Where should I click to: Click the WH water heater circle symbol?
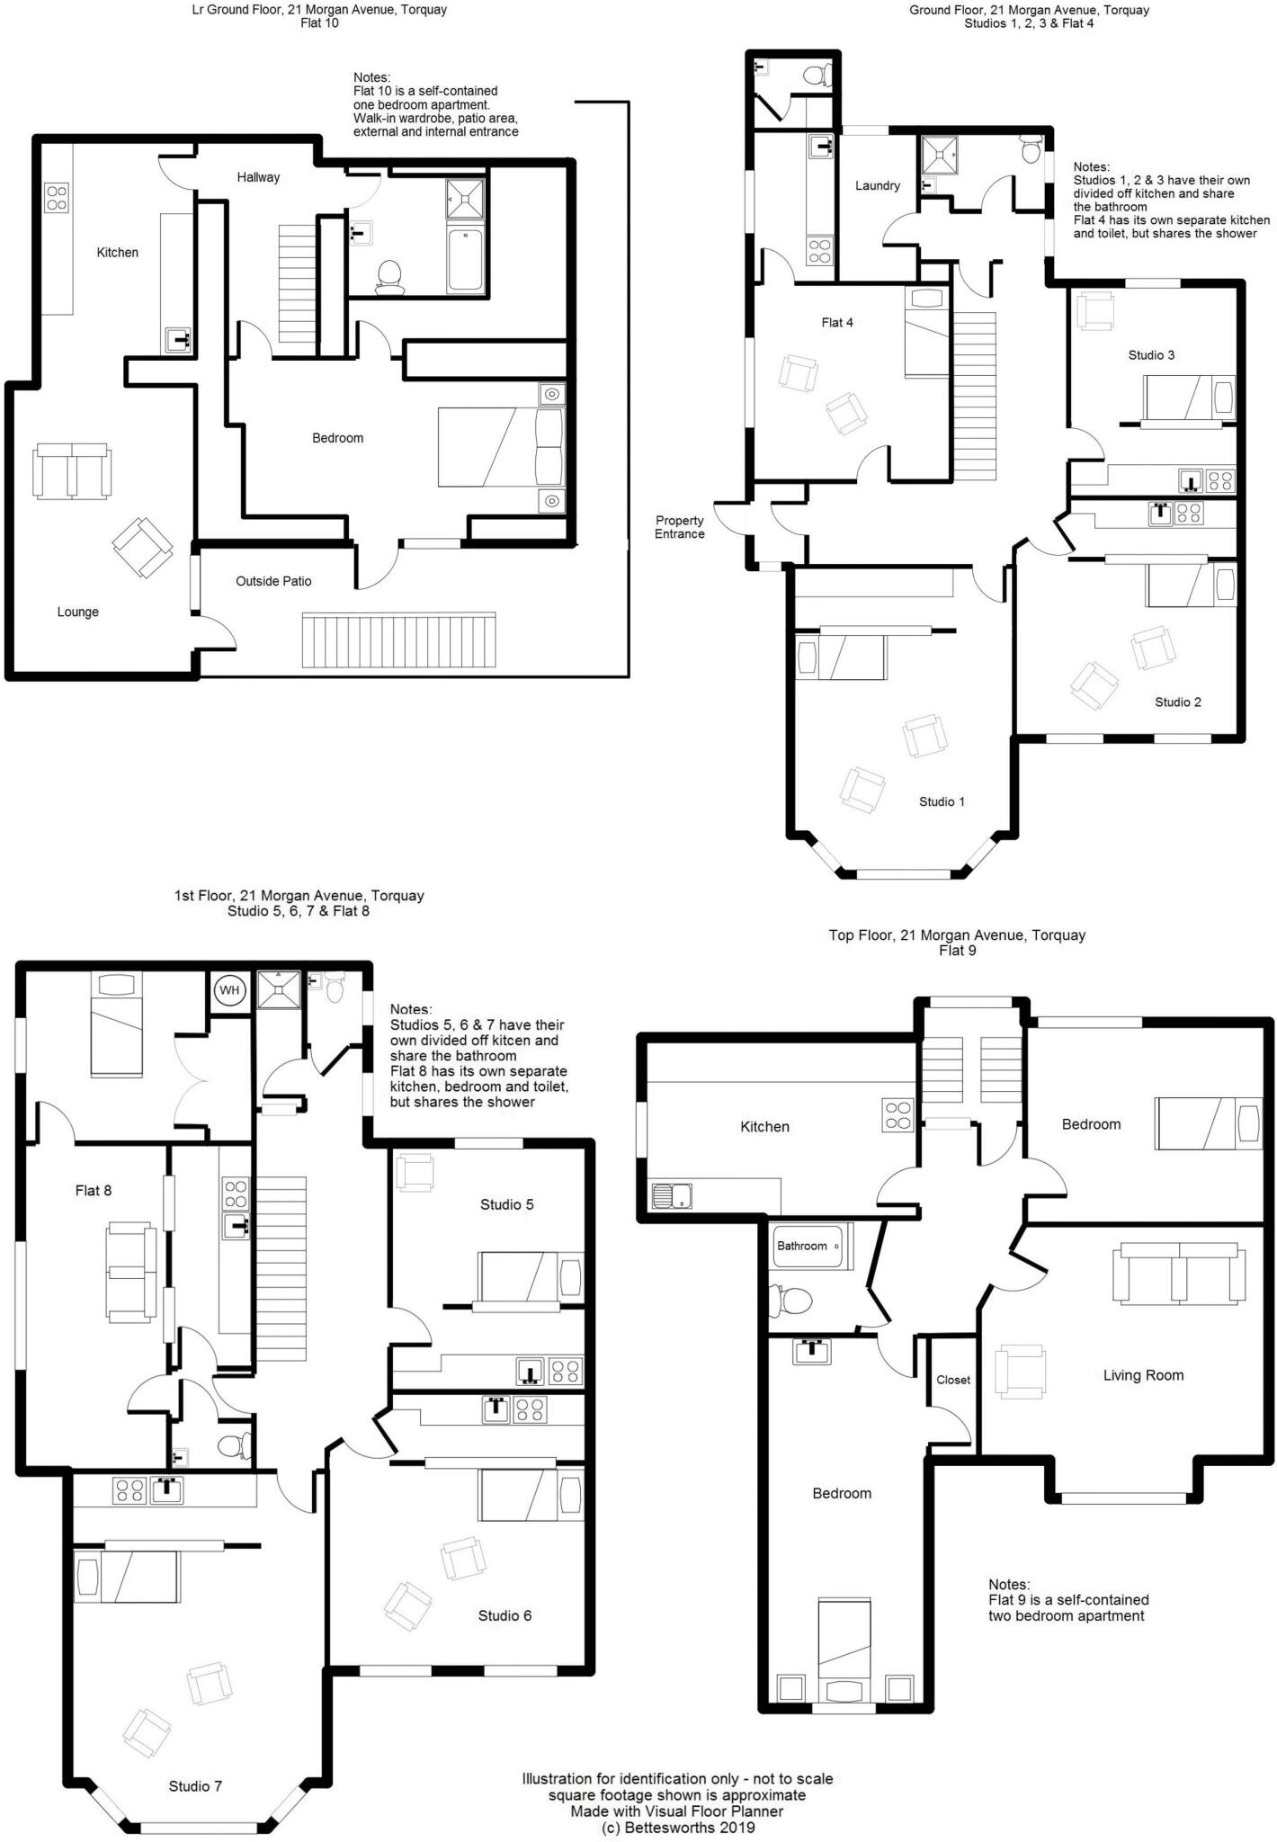(x=229, y=990)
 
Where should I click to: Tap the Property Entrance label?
(x=679, y=527)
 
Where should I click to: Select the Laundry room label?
(x=877, y=185)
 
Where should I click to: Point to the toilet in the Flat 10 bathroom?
(x=390, y=276)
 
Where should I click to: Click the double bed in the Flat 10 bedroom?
(x=500, y=447)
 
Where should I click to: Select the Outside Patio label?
(x=273, y=581)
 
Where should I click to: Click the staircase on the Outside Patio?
(x=398, y=640)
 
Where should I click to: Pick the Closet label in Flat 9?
(x=953, y=1380)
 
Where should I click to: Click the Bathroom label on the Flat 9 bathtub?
(x=801, y=1246)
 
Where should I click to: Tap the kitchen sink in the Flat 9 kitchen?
(x=670, y=1195)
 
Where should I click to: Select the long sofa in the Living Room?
(x=1178, y=1274)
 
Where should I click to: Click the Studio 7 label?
(x=195, y=1786)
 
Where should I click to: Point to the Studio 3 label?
(x=1151, y=354)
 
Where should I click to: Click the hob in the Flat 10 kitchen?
(x=57, y=197)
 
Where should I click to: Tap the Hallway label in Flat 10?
(x=258, y=177)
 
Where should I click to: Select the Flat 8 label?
(x=94, y=1191)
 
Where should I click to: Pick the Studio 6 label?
(x=505, y=1615)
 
